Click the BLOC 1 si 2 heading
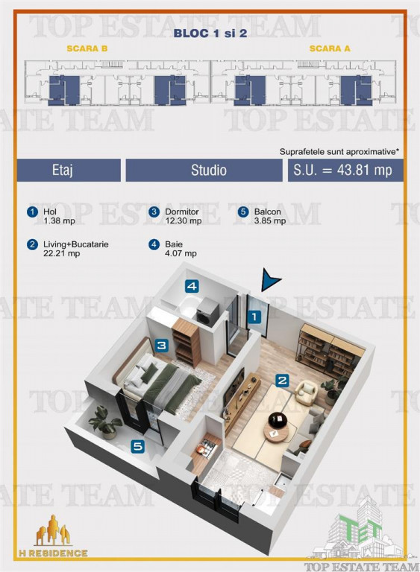click(x=210, y=34)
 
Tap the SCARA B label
click(x=87, y=48)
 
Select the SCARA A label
click(x=330, y=48)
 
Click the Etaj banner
click(x=69, y=170)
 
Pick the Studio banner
click(x=204, y=170)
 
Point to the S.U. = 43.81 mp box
click(x=345, y=170)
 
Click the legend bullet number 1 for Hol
click(x=33, y=212)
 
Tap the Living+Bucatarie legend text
click(x=76, y=249)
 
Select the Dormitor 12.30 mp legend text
click(x=183, y=216)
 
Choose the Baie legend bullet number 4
click(x=154, y=244)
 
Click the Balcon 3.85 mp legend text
click(x=270, y=216)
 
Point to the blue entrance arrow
click(x=271, y=280)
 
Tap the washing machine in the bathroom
click(x=207, y=311)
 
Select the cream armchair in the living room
click(x=306, y=392)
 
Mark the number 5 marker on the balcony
click(x=138, y=447)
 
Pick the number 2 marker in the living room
click(x=282, y=381)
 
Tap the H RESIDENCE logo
click(x=53, y=537)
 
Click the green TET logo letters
click(x=360, y=529)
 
